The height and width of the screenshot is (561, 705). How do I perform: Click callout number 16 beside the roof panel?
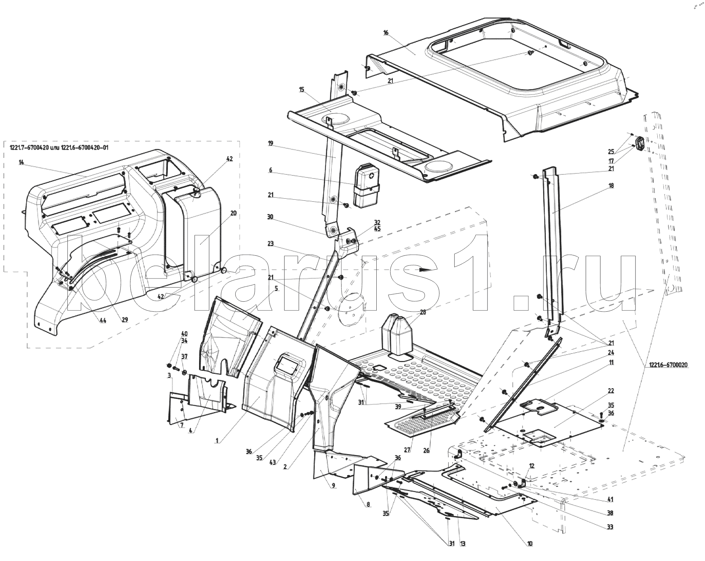385,33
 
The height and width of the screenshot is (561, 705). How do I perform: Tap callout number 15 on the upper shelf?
301,90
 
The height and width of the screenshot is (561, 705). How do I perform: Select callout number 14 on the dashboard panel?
21,162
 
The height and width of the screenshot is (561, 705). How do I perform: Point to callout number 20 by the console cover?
234,213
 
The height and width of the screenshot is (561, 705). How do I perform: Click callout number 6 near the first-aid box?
271,170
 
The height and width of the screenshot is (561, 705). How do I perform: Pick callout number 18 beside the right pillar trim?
611,186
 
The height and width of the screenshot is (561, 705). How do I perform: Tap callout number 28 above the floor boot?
423,312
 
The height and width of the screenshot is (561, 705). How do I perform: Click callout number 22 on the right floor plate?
611,391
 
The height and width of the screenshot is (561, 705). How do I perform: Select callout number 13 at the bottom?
463,553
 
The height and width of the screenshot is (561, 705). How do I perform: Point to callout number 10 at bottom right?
530,553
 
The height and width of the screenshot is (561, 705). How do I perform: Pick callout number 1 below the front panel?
217,441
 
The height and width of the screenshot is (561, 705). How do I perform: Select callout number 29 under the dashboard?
125,320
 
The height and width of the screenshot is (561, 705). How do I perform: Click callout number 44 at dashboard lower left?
102,321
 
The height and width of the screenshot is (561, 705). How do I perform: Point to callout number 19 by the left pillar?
271,143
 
